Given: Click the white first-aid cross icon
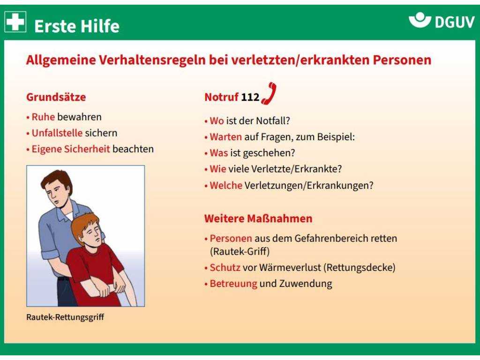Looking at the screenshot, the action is [15, 22].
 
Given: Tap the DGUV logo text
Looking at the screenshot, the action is [455, 22].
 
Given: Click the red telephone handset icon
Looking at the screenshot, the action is [269, 94].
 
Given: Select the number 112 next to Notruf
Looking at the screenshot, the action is [250, 97].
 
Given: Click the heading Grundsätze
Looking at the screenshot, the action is [56, 97].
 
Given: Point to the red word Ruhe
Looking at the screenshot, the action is [43, 117].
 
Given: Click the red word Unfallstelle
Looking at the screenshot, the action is [57, 133].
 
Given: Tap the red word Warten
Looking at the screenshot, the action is [225, 137].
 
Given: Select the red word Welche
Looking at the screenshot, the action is [226, 185].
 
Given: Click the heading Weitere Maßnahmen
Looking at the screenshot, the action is [258, 218].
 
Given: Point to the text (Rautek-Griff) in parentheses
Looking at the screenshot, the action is [240, 252].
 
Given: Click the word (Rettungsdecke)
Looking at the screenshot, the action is [360, 268].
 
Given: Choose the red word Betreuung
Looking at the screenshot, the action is [233, 284].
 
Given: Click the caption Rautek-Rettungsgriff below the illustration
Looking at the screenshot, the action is [65, 317].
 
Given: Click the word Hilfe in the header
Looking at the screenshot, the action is [98, 26].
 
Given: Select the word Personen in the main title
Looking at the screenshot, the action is [402, 60].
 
